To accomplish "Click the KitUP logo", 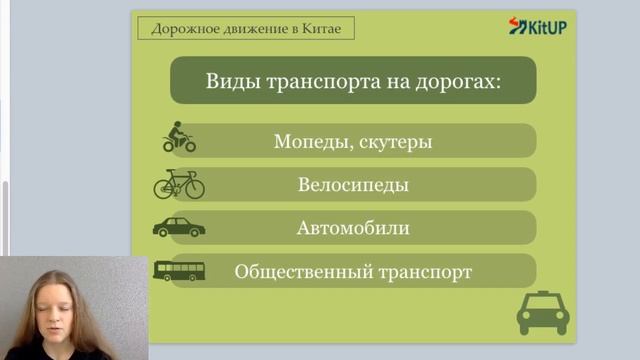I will [538, 26].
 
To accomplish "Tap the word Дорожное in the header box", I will [179, 28].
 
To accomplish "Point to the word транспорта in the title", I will [321, 81].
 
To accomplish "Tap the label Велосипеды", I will [353, 185].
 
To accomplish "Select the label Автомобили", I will [353, 228].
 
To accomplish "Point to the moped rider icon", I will [179, 138].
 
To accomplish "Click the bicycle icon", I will [179, 184].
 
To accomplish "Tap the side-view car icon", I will [179, 227].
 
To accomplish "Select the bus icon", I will [179, 271].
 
